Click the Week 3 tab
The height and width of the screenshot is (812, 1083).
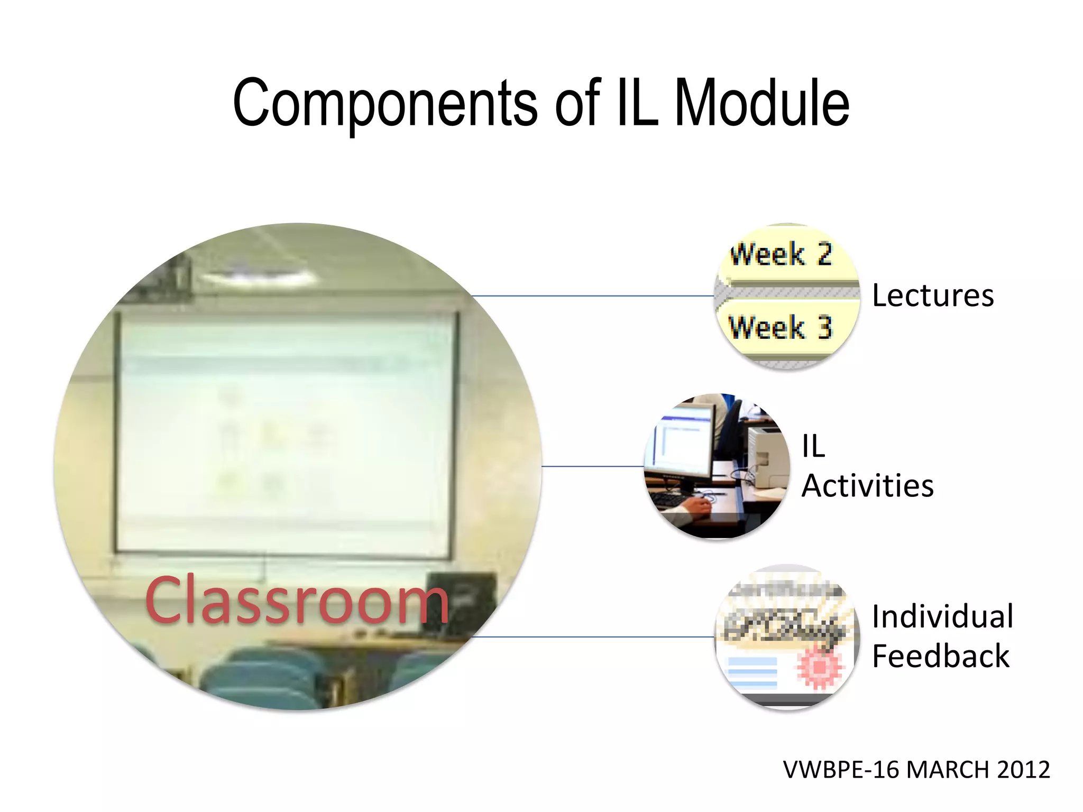point(781,327)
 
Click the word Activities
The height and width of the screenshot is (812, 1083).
point(867,486)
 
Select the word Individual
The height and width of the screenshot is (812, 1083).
point(942,616)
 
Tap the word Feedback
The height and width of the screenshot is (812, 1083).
point(940,657)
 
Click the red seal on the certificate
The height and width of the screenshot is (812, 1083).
point(819,667)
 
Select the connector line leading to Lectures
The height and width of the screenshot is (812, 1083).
point(592,296)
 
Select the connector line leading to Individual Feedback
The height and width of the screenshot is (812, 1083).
point(592,637)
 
